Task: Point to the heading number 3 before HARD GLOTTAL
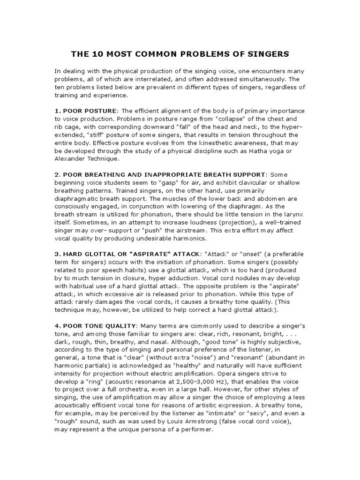coord(57,254)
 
